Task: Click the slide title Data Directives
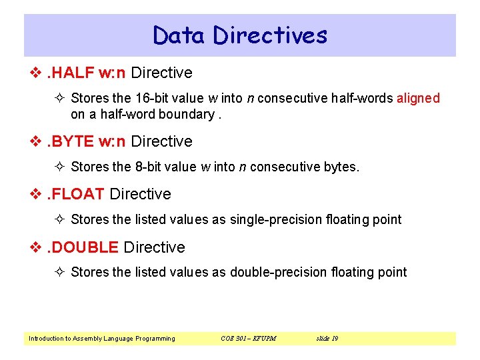pyautogui.click(x=240, y=35)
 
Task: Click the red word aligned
pyautogui.click(x=418, y=98)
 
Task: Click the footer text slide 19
pyautogui.click(x=326, y=339)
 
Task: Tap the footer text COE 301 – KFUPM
pyautogui.click(x=248, y=339)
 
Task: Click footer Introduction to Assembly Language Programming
pyautogui.click(x=102, y=339)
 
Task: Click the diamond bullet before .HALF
pyautogui.click(x=37, y=73)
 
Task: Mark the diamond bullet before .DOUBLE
pyautogui.click(x=37, y=248)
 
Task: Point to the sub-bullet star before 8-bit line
pyautogui.click(x=61, y=167)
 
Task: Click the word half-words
pyautogui.click(x=364, y=98)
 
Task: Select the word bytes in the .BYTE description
pyautogui.click(x=341, y=167)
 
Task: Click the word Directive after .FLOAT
pyautogui.click(x=140, y=194)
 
